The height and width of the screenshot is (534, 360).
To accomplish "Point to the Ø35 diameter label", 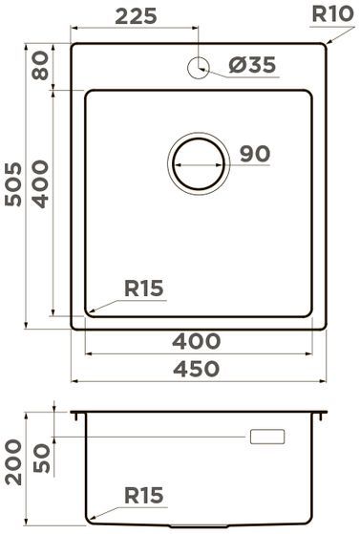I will [x=252, y=66].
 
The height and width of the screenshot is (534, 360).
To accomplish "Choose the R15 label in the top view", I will [x=143, y=287].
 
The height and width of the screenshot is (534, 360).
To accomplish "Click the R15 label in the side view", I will [x=144, y=495].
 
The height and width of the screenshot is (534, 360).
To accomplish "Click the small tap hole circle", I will [x=200, y=67].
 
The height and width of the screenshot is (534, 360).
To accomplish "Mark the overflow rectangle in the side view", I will [x=266, y=437].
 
